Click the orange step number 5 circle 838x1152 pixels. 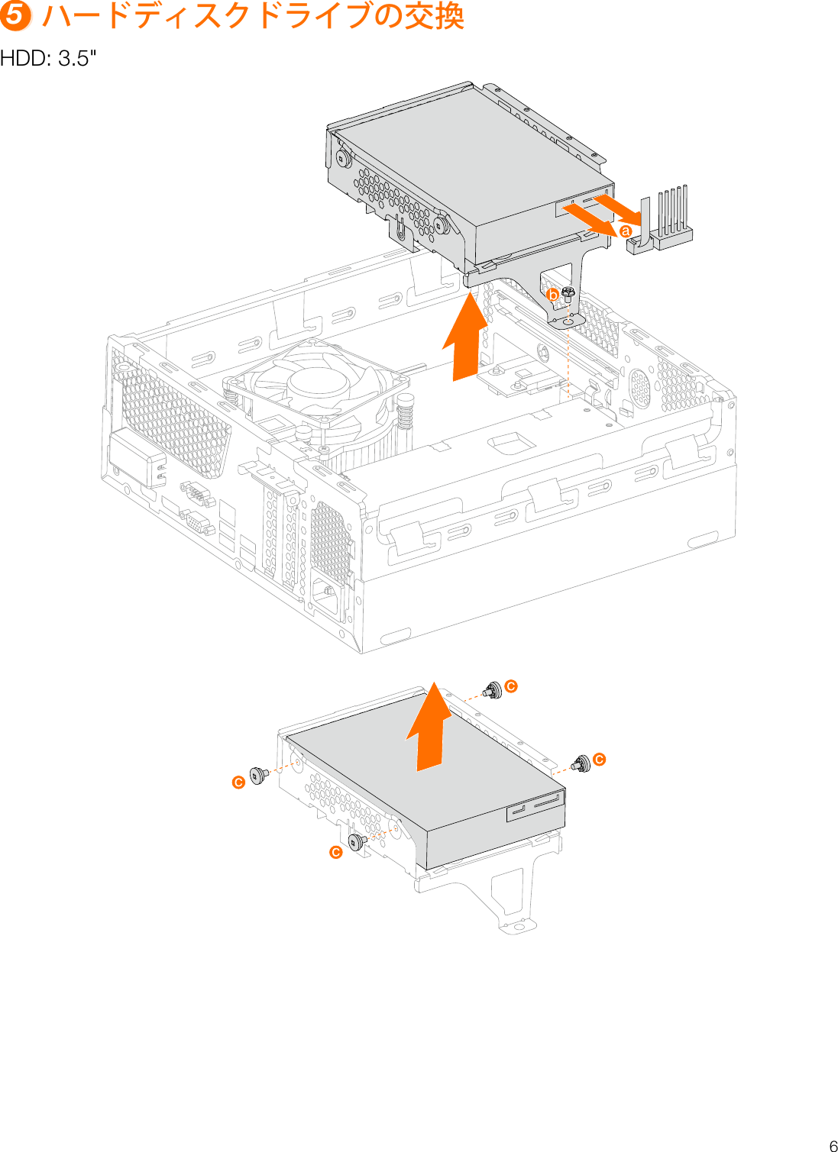(x=15, y=16)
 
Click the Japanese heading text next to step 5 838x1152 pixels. (x=253, y=16)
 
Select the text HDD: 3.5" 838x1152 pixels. (x=48, y=59)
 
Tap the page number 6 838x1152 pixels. (x=833, y=1145)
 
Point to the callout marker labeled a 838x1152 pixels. (x=625, y=231)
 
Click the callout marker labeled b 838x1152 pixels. (x=552, y=295)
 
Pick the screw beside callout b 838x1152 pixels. (x=568, y=294)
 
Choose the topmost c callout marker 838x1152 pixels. (x=511, y=686)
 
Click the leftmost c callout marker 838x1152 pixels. (x=238, y=783)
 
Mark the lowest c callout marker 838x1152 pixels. (x=335, y=852)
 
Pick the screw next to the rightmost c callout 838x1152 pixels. (x=581, y=763)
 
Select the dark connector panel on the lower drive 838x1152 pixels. (x=535, y=806)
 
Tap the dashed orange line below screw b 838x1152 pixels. (x=569, y=359)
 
